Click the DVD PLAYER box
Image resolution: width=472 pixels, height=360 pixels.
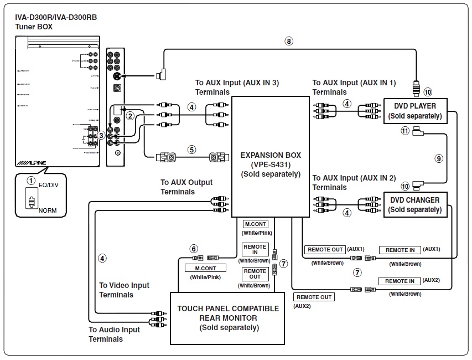point(415,111)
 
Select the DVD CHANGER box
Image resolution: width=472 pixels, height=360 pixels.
point(415,205)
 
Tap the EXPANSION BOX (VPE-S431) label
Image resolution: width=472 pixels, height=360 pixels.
point(270,164)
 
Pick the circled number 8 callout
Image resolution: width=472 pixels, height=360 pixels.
point(288,40)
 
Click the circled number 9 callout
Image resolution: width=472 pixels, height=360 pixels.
point(439,158)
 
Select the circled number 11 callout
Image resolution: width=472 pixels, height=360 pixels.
point(405,131)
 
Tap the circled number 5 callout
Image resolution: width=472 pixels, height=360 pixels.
point(191,149)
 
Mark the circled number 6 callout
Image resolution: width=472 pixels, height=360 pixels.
point(193,249)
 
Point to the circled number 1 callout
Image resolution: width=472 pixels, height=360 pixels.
point(32,181)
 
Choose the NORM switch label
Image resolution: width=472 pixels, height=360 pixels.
point(47,211)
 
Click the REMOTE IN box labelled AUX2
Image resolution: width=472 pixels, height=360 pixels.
point(400,281)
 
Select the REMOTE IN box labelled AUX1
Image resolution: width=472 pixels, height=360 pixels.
point(400,250)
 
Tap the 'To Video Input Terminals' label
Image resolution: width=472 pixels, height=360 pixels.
point(124,290)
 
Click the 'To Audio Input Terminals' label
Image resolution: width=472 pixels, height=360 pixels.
point(115,334)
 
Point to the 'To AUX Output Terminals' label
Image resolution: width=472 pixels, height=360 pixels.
point(186,187)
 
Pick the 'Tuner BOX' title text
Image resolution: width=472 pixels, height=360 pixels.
point(34,27)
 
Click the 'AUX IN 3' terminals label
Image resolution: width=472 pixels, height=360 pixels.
point(237,87)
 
